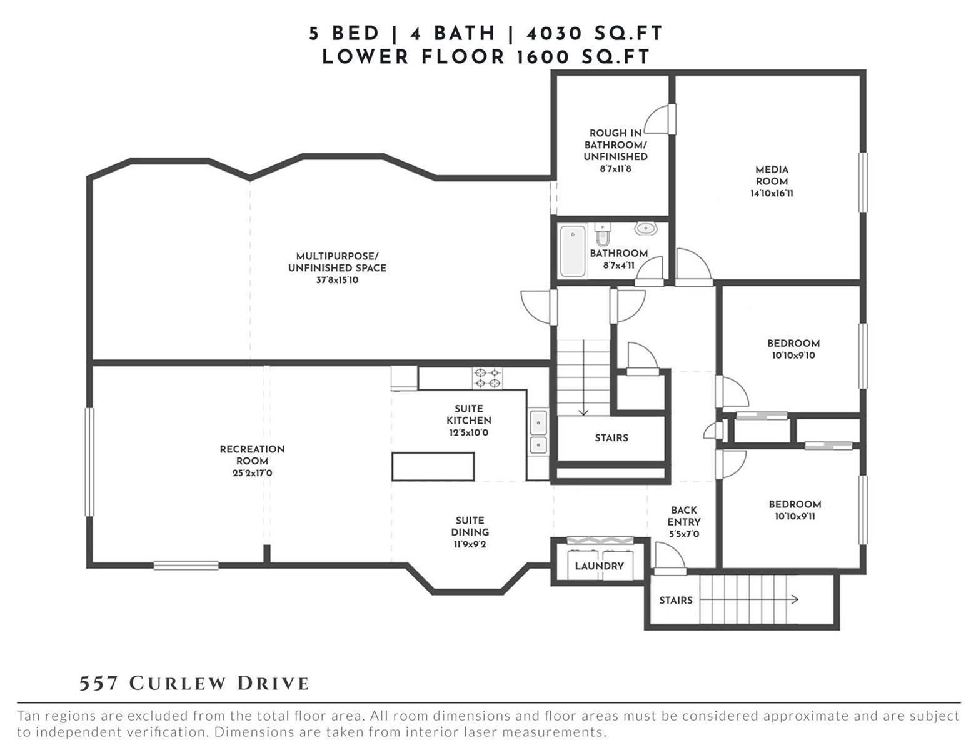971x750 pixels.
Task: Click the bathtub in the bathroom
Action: pyautogui.click(x=573, y=251)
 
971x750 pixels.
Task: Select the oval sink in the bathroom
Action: pyautogui.click(x=645, y=228)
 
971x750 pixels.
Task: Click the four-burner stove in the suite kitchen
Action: pyautogui.click(x=487, y=378)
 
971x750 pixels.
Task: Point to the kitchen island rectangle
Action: pyautogui.click(x=433, y=467)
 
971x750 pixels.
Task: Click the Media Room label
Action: pyautogui.click(x=772, y=176)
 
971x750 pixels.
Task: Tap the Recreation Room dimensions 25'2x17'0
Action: pyautogui.click(x=252, y=472)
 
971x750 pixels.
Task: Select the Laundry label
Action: pyautogui.click(x=599, y=566)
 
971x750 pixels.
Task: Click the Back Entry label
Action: pyautogui.click(x=683, y=516)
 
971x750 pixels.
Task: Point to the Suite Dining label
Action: pyautogui.click(x=470, y=526)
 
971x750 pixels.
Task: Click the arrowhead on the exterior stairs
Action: pyautogui.click(x=795, y=600)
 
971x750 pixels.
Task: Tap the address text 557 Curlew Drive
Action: pyautogui.click(x=194, y=684)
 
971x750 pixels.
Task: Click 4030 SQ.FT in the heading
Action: pyautogui.click(x=595, y=34)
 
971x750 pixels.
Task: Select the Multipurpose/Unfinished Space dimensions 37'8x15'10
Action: pyautogui.click(x=337, y=280)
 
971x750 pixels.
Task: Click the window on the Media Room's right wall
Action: pyautogui.click(x=863, y=182)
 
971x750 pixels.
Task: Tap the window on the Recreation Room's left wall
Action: pyautogui.click(x=90, y=462)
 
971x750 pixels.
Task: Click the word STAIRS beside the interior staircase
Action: pyautogui.click(x=611, y=437)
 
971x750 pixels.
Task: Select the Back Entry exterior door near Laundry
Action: pyautogui.click(x=670, y=559)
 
